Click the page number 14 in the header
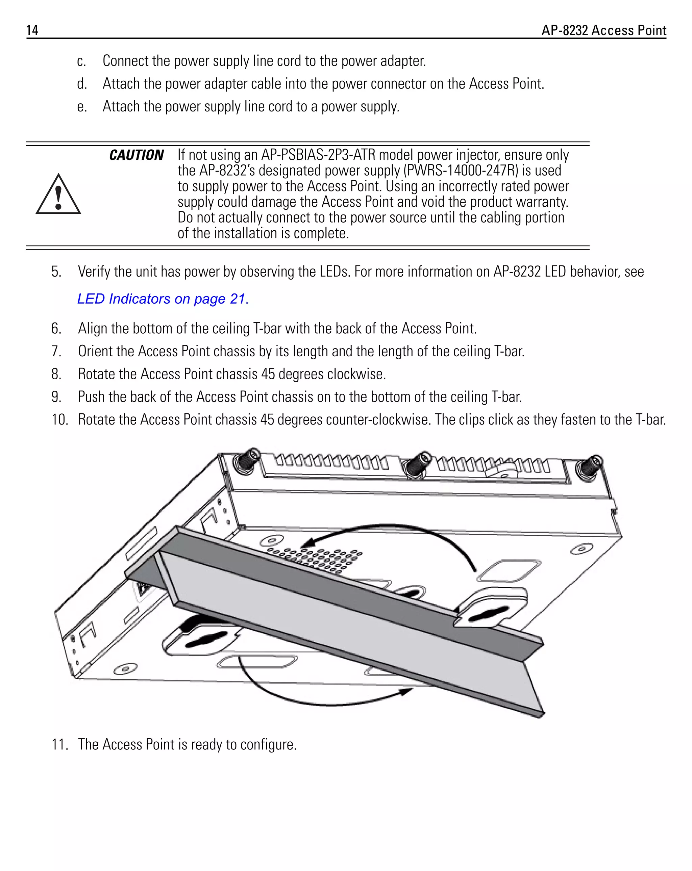click(32, 30)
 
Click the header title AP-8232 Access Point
click(603, 30)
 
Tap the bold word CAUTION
click(136, 155)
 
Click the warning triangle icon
click(58, 195)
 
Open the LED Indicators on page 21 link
click(163, 299)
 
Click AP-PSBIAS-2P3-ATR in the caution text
click(318, 155)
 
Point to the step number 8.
click(56, 374)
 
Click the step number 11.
click(59, 744)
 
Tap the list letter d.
click(82, 84)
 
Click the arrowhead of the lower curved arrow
click(406, 691)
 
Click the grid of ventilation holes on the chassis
click(315, 560)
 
